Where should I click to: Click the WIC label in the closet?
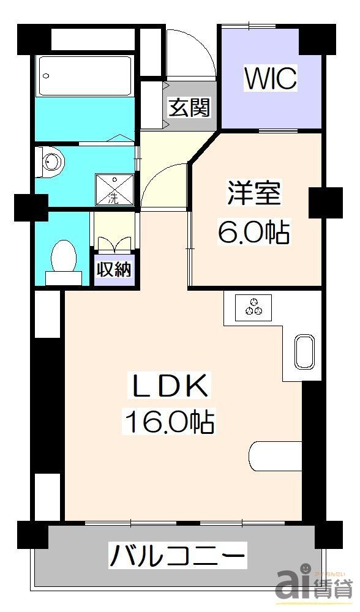(x=271, y=78)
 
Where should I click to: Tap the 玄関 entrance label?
(x=190, y=108)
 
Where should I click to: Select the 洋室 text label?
(x=255, y=195)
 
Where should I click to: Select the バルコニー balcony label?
(x=178, y=557)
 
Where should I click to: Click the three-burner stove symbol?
(x=255, y=305)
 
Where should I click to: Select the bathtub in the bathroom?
(x=84, y=76)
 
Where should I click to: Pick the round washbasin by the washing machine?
(x=54, y=162)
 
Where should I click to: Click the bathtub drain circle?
(x=47, y=76)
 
